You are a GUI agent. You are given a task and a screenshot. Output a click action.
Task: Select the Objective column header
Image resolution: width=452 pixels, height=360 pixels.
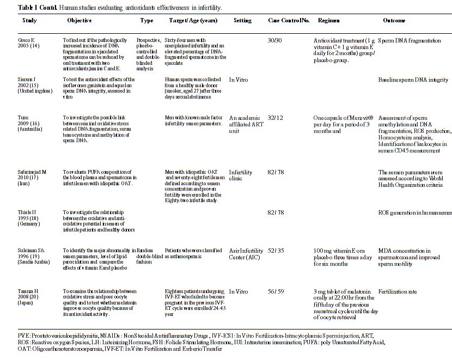(79, 20)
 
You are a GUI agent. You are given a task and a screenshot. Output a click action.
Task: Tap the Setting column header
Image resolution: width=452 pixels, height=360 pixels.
(242, 20)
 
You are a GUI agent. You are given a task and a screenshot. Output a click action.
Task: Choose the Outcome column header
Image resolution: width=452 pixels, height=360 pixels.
(394, 20)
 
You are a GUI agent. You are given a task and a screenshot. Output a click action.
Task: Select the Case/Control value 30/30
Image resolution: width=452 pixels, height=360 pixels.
(275, 41)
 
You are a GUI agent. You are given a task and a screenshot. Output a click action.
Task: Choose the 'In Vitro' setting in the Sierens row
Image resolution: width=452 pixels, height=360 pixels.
(239, 80)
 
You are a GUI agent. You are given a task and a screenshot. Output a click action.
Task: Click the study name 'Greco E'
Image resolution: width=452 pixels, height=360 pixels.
(27, 41)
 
